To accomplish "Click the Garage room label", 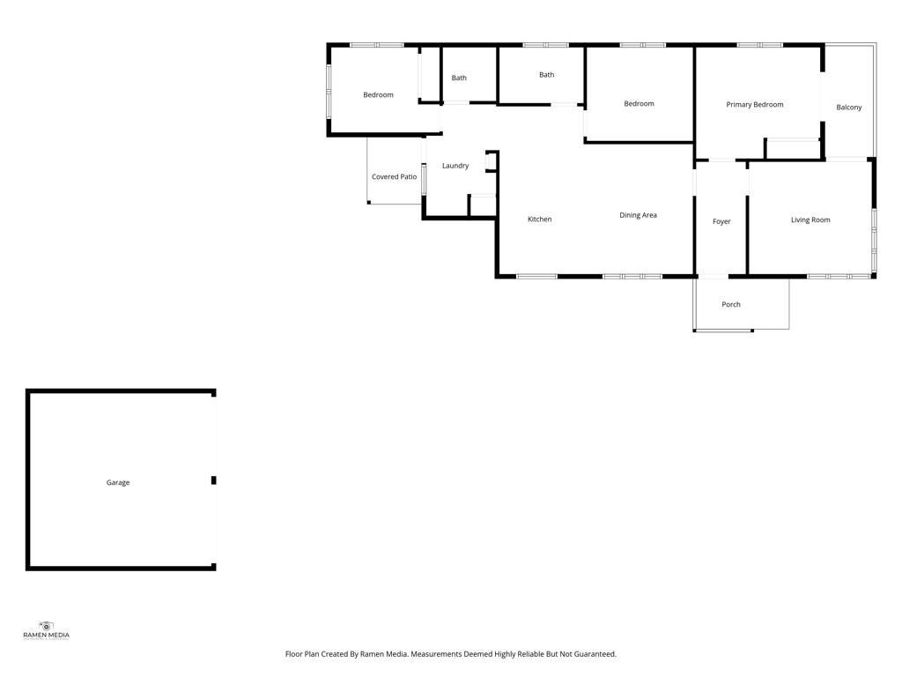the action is point(118,482).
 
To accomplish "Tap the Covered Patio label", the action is point(394,176).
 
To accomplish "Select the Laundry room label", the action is point(455,166).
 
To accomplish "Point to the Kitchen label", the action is point(540,219).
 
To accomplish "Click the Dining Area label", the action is point(638,215).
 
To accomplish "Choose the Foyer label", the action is point(721,221).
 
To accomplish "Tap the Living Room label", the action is point(810,219).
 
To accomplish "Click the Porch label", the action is point(731,304).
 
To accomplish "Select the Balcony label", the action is point(849,108).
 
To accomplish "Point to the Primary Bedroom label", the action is point(755,105).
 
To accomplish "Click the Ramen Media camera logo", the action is point(46,627).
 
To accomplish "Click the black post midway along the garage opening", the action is point(213,480).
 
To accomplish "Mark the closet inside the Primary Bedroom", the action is point(793,148).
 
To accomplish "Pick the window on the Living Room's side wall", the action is point(874,240).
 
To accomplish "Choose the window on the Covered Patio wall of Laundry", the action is point(425,179).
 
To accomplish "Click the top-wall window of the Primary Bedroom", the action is point(760,45).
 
